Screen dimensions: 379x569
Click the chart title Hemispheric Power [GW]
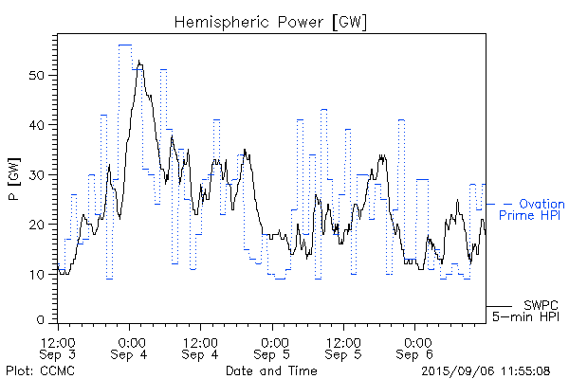click(270, 20)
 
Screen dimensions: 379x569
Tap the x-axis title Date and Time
click(270, 370)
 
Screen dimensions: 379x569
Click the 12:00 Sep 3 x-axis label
click(59, 347)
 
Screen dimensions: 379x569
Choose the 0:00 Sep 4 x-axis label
click(130, 347)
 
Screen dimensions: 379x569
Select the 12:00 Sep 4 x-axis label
click(201, 347)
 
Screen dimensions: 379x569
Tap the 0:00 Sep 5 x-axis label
click(272, 347)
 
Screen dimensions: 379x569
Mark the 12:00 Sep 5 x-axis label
click(343, 347)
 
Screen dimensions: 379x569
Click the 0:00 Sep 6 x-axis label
click(414, 347)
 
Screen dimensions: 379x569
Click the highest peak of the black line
click(139, 62)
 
